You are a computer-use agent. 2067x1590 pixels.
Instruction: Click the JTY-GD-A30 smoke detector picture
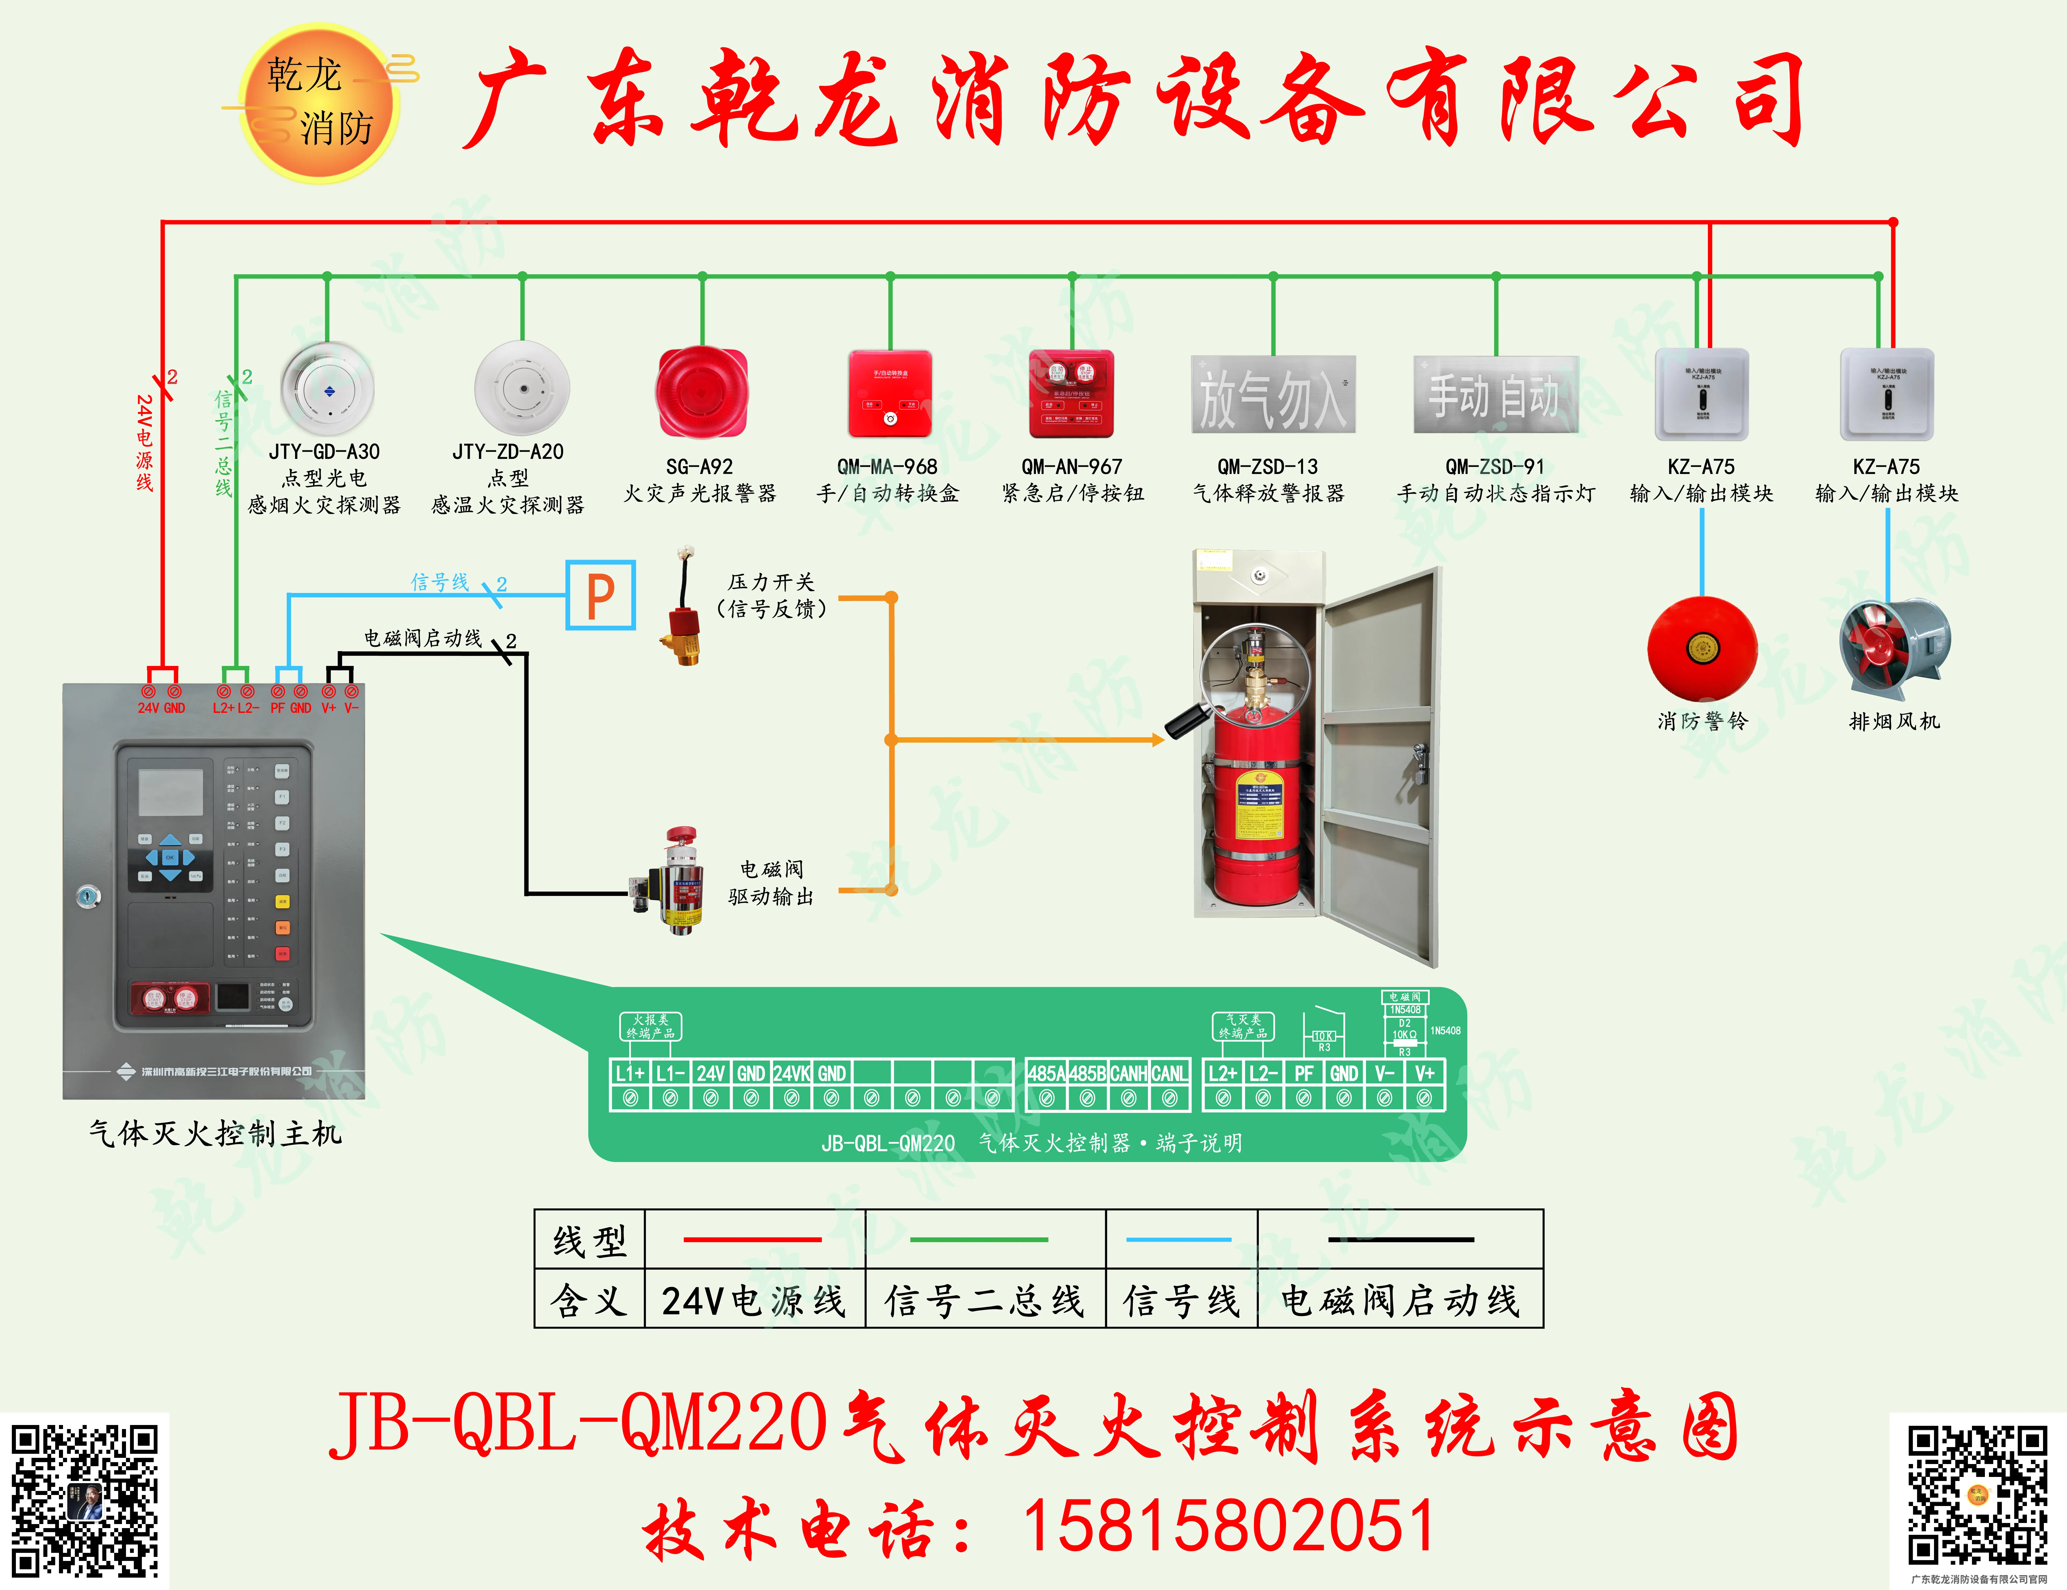coord(327,388)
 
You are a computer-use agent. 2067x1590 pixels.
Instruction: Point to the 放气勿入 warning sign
coord(1273,395)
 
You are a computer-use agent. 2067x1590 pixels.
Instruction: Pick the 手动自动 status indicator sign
coord(1495,395)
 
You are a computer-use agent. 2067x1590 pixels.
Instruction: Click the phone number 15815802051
coord(1228,1526)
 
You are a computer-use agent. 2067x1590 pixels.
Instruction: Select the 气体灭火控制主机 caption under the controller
coord(216,1133)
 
